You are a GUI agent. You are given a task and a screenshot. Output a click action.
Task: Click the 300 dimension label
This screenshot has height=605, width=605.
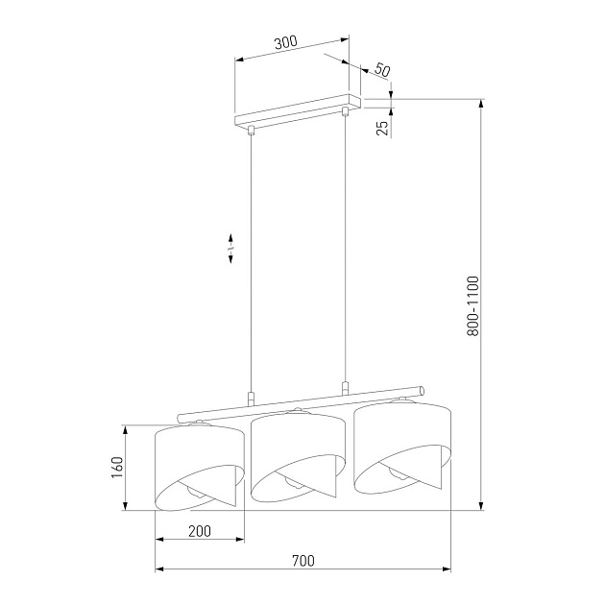pos(285,42)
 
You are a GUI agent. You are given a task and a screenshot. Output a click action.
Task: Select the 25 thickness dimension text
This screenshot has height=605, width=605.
pos(382,126)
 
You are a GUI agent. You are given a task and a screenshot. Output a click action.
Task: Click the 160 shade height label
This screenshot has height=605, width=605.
pos(117,467)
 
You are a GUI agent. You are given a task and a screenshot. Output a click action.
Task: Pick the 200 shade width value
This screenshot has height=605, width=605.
pos(200,531)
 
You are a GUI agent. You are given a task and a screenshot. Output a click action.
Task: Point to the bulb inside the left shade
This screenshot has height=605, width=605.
pos(195,490)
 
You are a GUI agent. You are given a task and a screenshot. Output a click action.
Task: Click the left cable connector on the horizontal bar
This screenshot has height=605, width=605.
pos(250,397)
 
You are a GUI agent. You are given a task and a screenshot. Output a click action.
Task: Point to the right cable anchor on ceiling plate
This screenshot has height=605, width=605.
pos(345,113)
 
